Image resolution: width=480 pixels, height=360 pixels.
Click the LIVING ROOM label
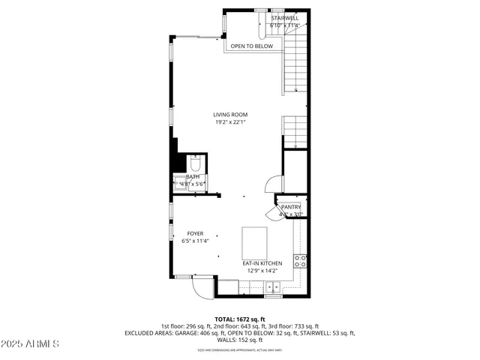[x=230, y=115]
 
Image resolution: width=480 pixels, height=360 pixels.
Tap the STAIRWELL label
[x=284, y=17]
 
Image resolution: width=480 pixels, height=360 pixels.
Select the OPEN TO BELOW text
[x=251, y=46]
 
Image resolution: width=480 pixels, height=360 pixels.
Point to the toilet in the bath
[x=195, y=164]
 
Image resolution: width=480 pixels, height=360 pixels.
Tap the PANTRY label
[x=291, y=207]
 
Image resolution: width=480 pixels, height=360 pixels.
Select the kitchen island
[x=255, y=241]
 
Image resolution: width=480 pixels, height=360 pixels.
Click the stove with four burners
[x=299, y=261]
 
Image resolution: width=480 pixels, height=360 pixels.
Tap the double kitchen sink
[x=273, y=286]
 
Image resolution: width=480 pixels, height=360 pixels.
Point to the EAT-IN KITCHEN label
[x=262, y=263]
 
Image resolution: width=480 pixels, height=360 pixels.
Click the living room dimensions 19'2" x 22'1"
[x=230, y=122]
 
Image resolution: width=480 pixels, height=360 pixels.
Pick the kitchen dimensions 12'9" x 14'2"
[x=262, y=271]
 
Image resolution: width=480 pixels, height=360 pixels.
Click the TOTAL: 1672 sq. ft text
[x=240, y=319]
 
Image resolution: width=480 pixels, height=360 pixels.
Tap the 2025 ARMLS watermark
[x=31, y=343]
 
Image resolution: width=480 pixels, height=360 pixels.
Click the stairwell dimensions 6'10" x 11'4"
[x=284, y=25]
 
